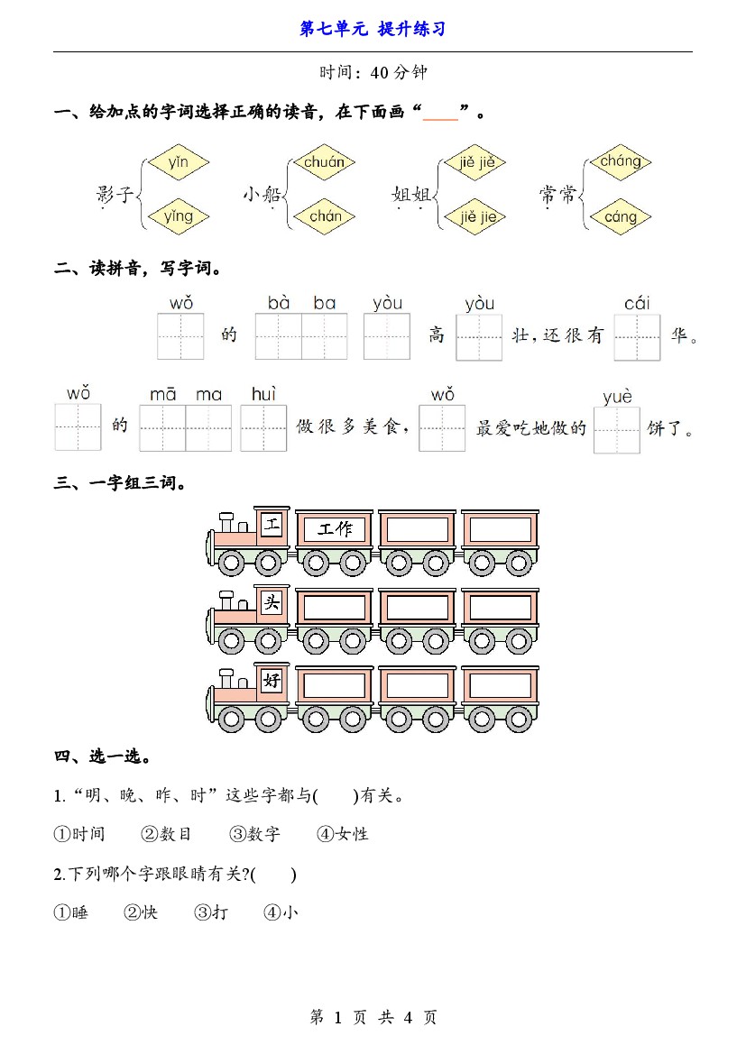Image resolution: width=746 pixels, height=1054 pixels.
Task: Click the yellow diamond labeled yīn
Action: [x=179, y=162]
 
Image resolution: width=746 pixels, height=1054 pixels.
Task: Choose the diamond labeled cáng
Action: [x=621, y=216]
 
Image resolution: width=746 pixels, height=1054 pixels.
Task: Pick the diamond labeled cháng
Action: [x=621, y=162]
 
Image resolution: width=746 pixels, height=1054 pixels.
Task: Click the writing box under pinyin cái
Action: [x=638, y=337]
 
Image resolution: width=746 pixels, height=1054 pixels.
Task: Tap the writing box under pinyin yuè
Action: [x=617, y=430]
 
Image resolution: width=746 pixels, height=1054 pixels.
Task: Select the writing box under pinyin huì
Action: [x=263, y=427]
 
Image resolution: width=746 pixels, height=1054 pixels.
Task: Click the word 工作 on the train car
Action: [x=335, y=529]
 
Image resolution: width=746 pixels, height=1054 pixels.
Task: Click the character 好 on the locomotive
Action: [x=272, y=681]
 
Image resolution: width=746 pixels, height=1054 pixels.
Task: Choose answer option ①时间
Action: [x=79, y=834]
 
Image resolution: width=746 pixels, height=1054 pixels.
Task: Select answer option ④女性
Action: [x=343, y=834]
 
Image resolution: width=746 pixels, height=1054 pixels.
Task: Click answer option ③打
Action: [x=211, y=912]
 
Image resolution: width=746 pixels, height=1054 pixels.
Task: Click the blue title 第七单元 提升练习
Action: [x=373, y=29]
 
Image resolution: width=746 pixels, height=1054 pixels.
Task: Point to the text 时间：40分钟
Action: [x=373, y=73]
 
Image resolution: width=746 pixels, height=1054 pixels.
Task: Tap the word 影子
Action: [x=115, y=194]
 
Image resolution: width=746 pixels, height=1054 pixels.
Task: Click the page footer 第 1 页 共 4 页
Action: [x=373, y=1017]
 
